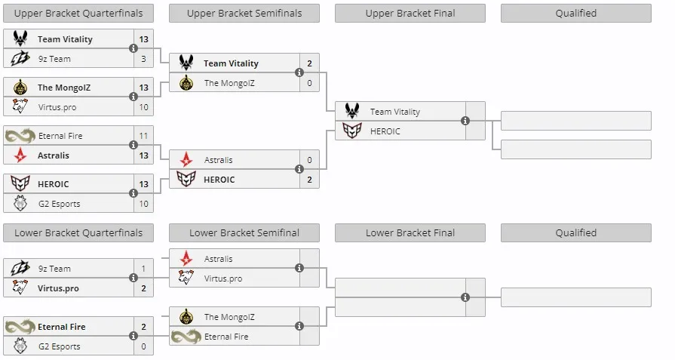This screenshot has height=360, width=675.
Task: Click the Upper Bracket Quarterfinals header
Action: (78, 14)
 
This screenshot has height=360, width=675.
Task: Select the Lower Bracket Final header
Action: (410, 233)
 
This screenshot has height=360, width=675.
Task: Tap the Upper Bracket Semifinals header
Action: (244, 14)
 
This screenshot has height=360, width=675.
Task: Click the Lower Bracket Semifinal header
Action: (244, 233)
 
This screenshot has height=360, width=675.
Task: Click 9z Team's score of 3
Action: (143, 59)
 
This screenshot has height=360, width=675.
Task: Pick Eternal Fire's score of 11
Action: (143, 136)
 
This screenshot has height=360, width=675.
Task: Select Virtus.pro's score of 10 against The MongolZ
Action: (143, 107)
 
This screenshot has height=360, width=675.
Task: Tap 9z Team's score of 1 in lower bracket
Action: (143, 269)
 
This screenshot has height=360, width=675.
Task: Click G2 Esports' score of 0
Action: (143, 346)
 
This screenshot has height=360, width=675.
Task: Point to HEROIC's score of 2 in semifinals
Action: (309, 180)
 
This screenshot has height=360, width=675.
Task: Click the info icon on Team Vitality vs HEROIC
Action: (465, 121)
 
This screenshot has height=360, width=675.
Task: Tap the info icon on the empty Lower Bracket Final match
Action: (465, 297)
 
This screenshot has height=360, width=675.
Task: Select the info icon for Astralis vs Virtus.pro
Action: (299, 268)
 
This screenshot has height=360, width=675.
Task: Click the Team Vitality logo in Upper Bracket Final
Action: (352, 111)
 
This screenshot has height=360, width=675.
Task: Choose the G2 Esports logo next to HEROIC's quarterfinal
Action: (20, 203)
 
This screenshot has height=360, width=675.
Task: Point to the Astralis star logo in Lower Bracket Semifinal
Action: (186, 258)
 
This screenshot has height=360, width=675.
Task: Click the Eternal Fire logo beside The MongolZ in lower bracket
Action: (186, 337)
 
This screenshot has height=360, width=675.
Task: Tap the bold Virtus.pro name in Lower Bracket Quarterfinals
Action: (58, 288)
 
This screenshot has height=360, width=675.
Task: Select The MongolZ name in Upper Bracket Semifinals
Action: (229, 83)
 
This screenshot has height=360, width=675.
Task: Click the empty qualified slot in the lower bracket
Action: (576, 297)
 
